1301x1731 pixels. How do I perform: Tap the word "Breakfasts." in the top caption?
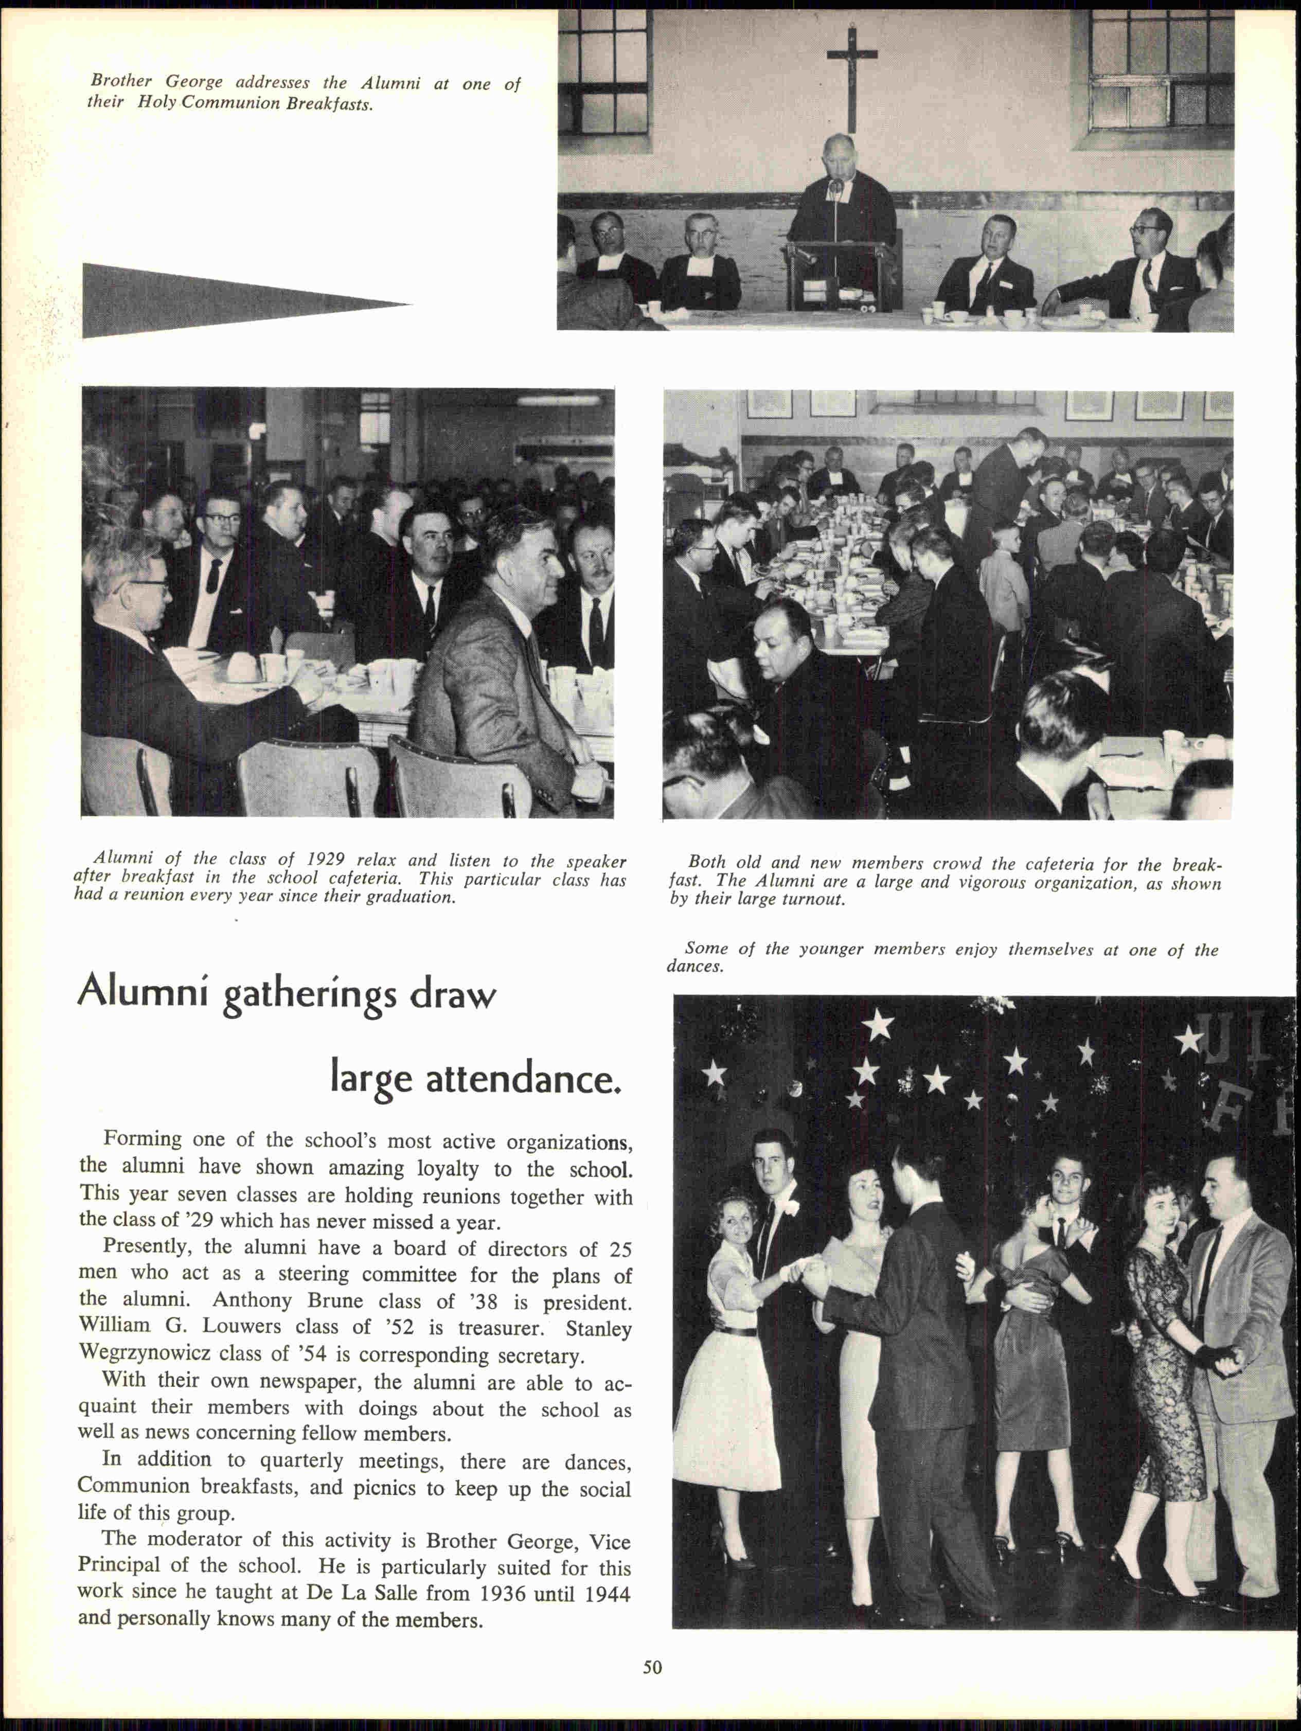pos(329,104)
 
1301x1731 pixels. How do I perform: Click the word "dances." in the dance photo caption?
pos(695,967)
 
